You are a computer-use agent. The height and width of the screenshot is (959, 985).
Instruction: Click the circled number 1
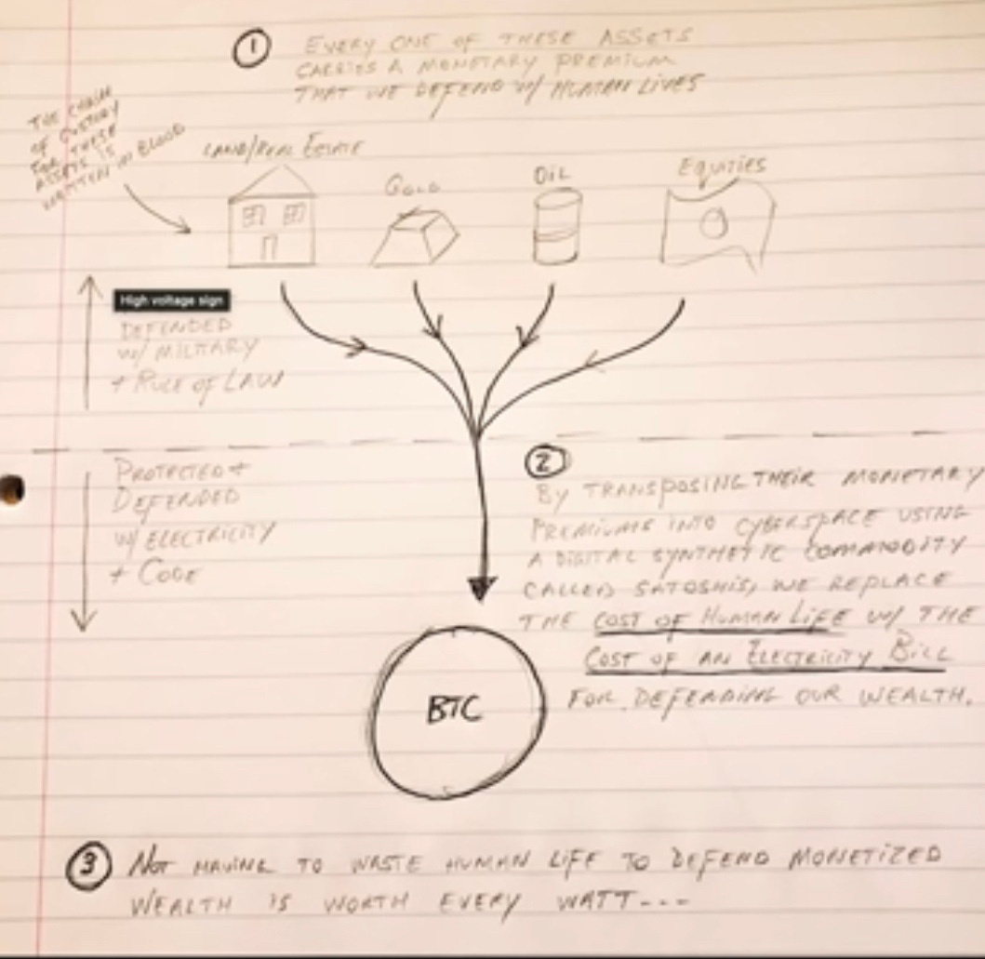tap(250, 50)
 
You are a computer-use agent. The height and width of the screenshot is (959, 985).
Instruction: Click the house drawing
tap(271, 220)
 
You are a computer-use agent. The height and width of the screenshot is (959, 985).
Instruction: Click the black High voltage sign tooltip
tap(171, 300)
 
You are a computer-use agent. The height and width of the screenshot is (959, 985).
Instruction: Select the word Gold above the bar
tap(412, 186)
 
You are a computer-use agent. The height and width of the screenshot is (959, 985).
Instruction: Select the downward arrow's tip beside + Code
tap(84, 626)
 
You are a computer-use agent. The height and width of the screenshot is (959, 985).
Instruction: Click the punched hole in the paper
tap(10, 489)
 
